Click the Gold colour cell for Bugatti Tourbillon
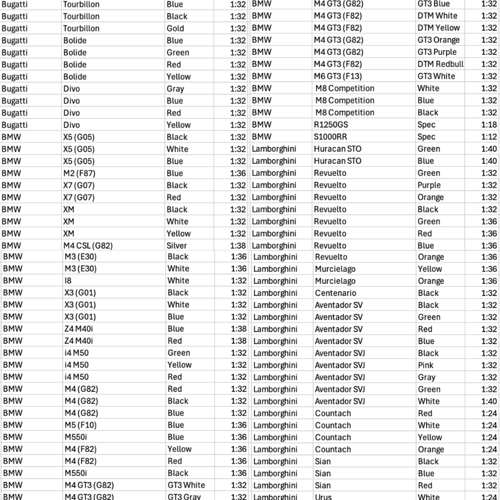[175, 29]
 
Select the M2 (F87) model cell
[79, 173]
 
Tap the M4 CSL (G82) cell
[88, 246]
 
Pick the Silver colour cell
[176, 246]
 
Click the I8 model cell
[68, 281]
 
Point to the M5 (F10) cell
[81, 425]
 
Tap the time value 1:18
[489, 125]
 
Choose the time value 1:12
[489, 137]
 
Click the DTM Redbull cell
[440, 64]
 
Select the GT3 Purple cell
[437, 52]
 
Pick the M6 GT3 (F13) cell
[338, 76]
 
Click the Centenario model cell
[336, 293]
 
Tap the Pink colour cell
[426, 365]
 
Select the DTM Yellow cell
[438, 28]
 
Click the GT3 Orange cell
[438, 40]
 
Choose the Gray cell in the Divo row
[175, 89]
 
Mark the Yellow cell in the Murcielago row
[430, 269]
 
